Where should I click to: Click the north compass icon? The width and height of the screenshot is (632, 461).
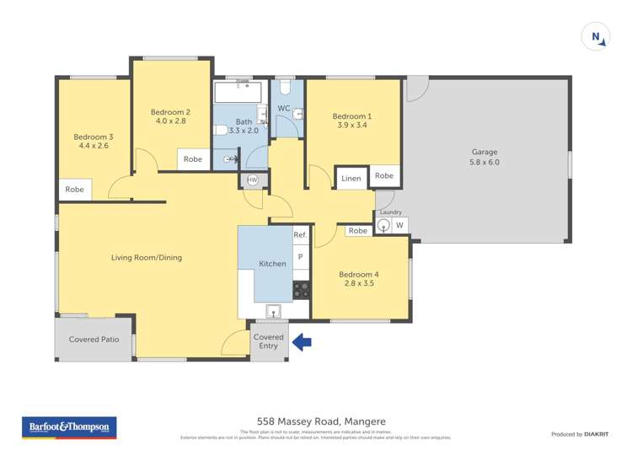click(x=596, y=36)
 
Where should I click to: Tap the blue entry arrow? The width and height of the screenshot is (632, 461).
click(x=301, y=342)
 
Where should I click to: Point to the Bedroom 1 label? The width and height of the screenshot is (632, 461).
click(x=351, y=116)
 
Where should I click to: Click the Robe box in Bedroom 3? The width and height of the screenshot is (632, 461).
click(x=75, y=190)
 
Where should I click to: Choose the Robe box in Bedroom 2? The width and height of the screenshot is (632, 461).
click(x=193, y=158)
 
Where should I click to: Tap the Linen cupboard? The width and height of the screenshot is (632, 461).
click(x=351, y=178)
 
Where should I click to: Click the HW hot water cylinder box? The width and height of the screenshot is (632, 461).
click(x=252, y=180)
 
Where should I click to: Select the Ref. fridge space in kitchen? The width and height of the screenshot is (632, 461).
click(x=300, y=235)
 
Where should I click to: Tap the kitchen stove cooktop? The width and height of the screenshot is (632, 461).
click(x=301, y=290)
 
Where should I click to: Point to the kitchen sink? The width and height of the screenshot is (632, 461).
click(x=273, y=313)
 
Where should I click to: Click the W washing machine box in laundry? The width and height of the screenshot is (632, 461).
click(x=399, y=225)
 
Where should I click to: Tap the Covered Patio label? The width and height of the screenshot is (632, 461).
click(x=94, y=340)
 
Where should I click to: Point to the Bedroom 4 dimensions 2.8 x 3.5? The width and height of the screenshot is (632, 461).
click(x=359, y=283)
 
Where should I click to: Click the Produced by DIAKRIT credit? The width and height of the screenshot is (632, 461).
click(x=580, y=434)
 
